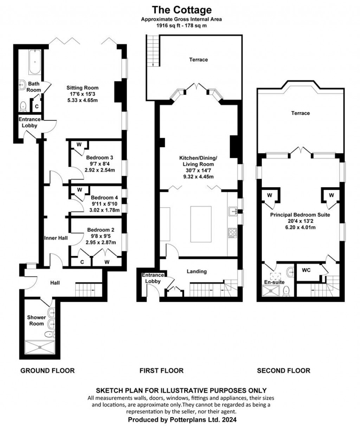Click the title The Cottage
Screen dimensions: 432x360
click(x=181, y=9)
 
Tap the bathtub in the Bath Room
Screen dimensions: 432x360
click(x=35, y=62)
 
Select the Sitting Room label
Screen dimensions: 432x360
click(x=83, y=88)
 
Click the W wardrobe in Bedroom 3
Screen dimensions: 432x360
click(x=79, y=144)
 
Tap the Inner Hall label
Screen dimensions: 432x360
click(x=56, y=238)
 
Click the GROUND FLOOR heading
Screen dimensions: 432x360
click(x=47, y=371)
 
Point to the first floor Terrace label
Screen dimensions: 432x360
click(x=199, y=60)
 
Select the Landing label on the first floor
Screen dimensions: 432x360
click(x=197, y=271)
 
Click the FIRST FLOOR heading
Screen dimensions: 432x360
click(x=161, y=371)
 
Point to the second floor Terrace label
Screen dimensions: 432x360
click(x=301, y=113)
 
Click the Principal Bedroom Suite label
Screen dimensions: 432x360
click(x=300, y=215)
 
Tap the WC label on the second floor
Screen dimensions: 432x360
click(x=306, y=271)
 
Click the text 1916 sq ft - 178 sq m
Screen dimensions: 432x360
click(x=181, y=26)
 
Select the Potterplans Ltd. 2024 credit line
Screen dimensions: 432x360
click(x=182, y=420)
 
